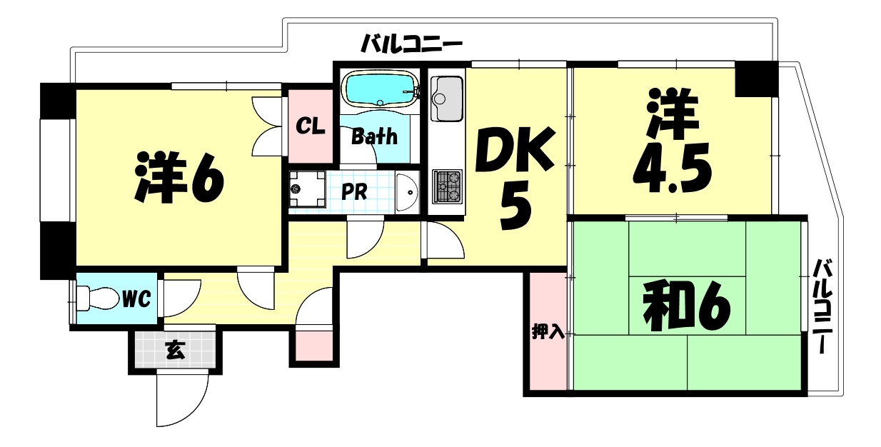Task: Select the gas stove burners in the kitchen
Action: [x=448, y=186]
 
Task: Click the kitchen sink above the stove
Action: [x=448, y=99]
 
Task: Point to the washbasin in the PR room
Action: [x=406, y=191]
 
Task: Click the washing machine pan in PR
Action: [x=307, y=190]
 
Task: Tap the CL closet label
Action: [x=311, y=126]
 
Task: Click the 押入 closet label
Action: [x=548, y=331]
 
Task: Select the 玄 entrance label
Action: [x=173, y=349]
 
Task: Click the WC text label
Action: [x=136, y=298]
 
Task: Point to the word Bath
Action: [x=374, y=136]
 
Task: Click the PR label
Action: [x=353, y=192]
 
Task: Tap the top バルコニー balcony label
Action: [x=411, y=45]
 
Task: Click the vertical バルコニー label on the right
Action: [x=822, y=307]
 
